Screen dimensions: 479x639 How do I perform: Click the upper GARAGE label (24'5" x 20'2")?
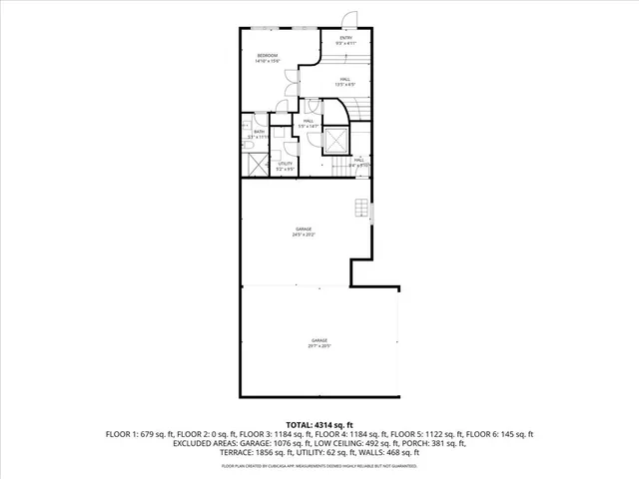304,232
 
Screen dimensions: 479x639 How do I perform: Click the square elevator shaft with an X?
336,141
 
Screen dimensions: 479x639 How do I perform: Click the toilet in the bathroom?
247,147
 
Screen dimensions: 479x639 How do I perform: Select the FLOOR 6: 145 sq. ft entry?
502,435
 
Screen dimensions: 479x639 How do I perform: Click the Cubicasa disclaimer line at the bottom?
319,465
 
